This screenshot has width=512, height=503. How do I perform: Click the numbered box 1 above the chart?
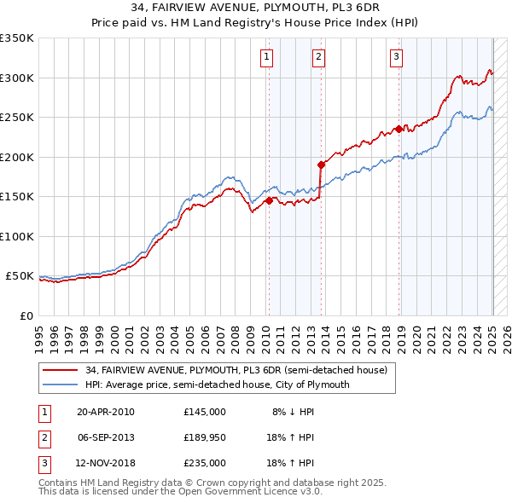point(267,57)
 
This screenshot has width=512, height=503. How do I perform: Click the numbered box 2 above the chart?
point(318,57)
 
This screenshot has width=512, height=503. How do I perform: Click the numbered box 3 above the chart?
point(397,57)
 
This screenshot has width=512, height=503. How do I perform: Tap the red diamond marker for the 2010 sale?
point(269,201)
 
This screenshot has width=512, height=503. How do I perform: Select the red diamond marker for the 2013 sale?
point(321,165)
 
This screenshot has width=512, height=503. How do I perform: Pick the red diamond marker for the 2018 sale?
point(399,130)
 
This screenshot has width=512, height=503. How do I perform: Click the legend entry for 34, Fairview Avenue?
point(236,370)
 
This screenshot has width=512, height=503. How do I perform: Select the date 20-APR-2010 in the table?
point(105,412)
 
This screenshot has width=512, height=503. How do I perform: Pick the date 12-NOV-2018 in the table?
point(106,463)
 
